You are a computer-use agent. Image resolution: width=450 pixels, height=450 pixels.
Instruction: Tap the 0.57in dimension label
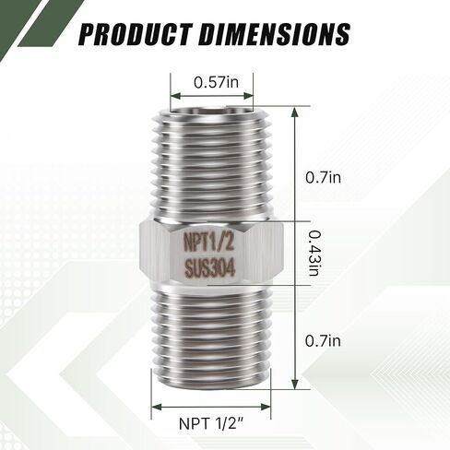[x=216, y=82]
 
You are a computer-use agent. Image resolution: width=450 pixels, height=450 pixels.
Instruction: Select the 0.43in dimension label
[x=315, y=253]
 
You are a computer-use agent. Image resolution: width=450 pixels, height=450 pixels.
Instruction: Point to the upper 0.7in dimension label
[x=323, y=178]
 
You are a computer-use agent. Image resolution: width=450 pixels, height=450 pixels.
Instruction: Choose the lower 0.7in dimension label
[x=323, y=341]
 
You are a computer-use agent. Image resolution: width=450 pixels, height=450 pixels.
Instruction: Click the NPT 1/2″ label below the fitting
[x=211, y=424]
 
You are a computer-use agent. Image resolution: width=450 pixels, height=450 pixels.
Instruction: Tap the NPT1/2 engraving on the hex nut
[x=208, y=242]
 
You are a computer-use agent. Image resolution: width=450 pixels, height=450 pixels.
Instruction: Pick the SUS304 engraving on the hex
[x=210, y=267]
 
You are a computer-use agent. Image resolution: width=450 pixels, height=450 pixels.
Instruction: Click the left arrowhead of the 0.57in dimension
[x=176, y=96]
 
